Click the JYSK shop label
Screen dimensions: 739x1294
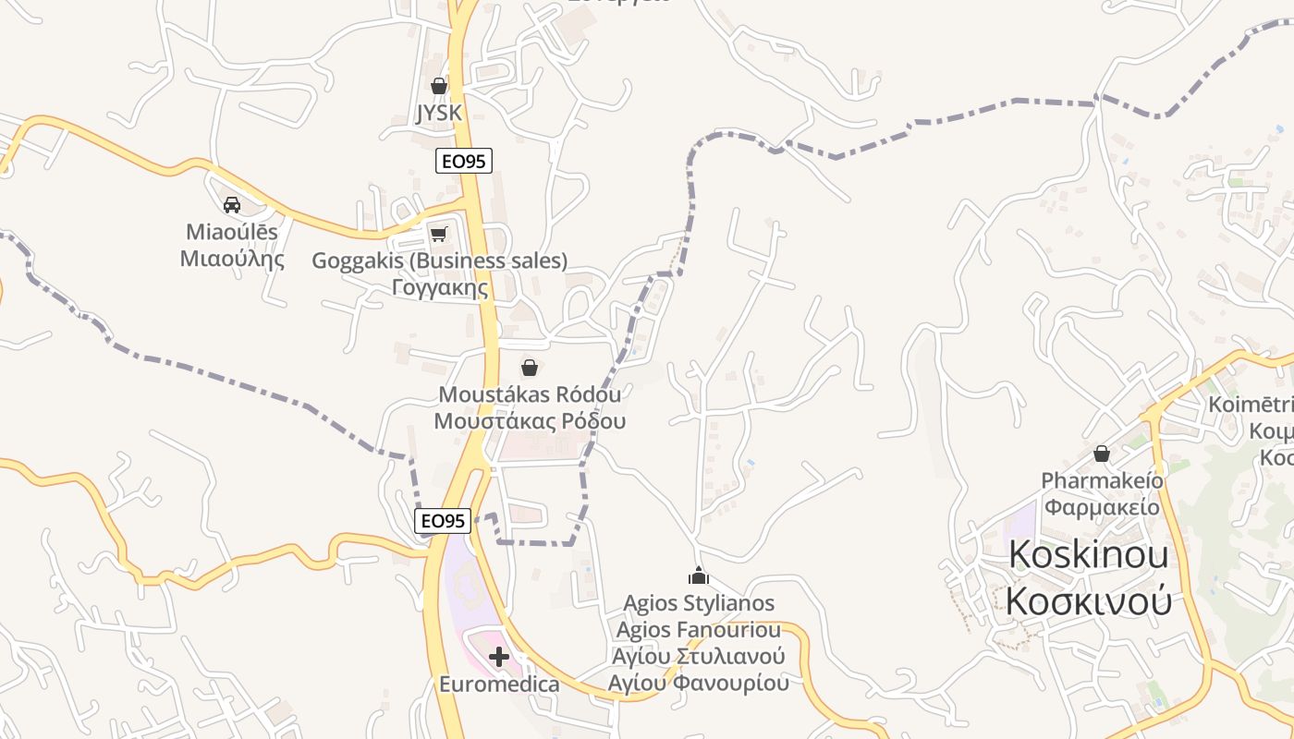[x=439, y=113]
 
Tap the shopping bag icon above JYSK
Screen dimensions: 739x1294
[x=439, y=86]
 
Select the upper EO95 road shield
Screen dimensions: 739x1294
[x=464, y=161]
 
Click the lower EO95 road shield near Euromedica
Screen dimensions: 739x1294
[x=443, y=521]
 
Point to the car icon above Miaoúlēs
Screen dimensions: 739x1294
[x=232, y=204]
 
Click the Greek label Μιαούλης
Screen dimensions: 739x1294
[x=232, y=259]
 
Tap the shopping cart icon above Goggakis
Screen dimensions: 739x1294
[x=439, y=234]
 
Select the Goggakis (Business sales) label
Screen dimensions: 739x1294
[x=439, y=260]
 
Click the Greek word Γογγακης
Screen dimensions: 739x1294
[x=439, y=287]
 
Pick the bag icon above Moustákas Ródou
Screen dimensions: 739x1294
[x=530, y=368]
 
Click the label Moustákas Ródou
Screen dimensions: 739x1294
[x=530, y=394]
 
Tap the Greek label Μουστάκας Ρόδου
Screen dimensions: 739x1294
[x=530, y=421]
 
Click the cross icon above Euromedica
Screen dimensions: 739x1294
[x=499, y=657]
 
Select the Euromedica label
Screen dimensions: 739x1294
[x=499, y=684]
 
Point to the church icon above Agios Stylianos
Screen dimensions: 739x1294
[x=699, y=576]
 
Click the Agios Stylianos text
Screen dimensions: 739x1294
[x=699, y=603]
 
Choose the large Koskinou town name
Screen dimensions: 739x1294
[x=1088, y=554]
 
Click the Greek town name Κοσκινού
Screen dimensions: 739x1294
[x=1088, y=601]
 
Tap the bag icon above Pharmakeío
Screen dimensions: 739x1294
[x=1101, y=454]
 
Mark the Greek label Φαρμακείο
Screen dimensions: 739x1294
[x=1101, y=506]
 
